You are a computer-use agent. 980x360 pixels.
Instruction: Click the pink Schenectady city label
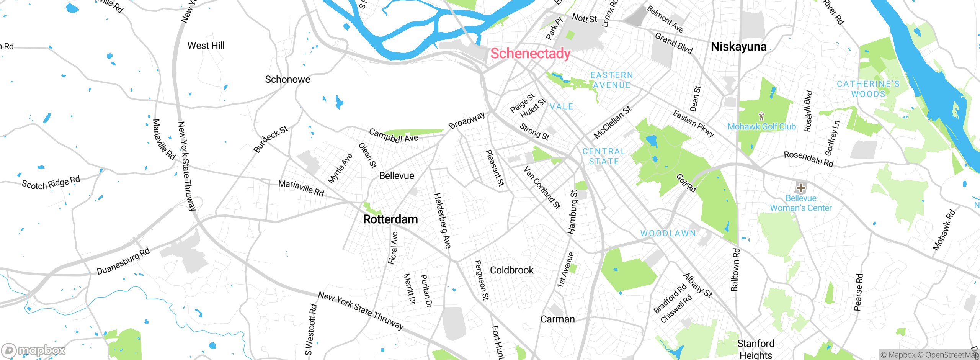[530, 53]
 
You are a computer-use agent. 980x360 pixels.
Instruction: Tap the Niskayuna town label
[738, 47]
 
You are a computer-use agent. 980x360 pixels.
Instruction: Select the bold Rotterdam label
[390, 219]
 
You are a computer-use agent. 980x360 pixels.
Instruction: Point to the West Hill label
[206, 46]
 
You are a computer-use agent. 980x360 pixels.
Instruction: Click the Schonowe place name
[287, 79]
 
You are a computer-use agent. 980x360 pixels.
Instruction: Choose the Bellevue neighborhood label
[397, 176]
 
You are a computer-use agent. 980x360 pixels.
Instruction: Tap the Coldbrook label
[511, 270]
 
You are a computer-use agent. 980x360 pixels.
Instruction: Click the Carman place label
[557, 319]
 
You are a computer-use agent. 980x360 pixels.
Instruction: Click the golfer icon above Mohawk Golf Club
[761, 116]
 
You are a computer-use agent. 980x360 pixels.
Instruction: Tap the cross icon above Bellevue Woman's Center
[800, 188]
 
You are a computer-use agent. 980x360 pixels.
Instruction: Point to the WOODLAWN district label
[668, 233]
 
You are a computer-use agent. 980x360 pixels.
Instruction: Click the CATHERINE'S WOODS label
[868, 89]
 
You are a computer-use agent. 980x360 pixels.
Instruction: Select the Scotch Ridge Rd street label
[51, 183]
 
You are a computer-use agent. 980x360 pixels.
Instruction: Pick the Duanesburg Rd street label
[123, 261]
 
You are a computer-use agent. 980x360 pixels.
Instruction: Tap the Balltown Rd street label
[735, 270]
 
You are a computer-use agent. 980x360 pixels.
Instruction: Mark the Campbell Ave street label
[393, 136]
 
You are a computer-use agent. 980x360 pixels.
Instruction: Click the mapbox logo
[34, 350]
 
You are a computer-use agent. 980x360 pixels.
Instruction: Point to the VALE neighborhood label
[561, 106]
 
